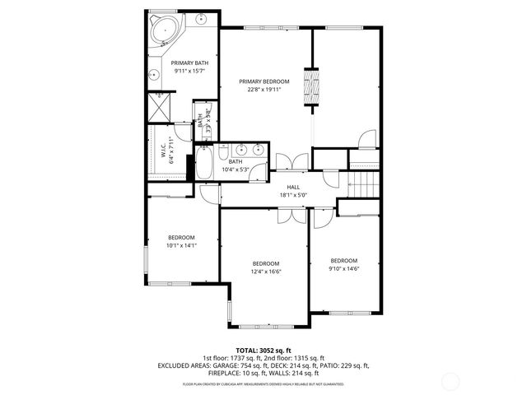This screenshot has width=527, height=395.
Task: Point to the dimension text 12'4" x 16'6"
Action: pyautogui.click(x=266, y=271)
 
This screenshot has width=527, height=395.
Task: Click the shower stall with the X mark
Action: pyautogui.click(x=157, y=107)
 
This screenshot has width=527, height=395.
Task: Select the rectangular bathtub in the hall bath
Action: pyautogui.click(x=204, y=163)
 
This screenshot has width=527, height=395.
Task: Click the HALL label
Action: pyautogui.click(x=292, y=187)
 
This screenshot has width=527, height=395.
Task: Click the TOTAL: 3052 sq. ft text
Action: pyautogui.click(x=263, y=351)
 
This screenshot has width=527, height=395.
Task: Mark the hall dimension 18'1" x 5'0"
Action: pyautogui.click(x=292, y=195)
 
